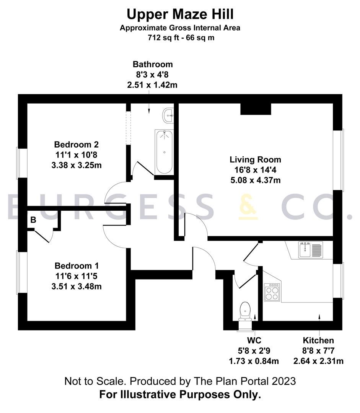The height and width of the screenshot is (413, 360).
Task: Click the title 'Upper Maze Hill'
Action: point(180,15)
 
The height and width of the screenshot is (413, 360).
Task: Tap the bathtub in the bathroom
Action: point(164,152)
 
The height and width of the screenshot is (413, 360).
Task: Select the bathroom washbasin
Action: point(168,115)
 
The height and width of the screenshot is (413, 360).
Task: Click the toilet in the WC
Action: point(244,310)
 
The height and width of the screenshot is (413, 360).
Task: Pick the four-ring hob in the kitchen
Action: point(272,292)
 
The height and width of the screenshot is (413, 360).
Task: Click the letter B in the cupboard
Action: point(33,220)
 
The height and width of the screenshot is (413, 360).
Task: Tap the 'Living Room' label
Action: point(255,159)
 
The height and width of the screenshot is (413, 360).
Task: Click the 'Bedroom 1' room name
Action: point(77,265)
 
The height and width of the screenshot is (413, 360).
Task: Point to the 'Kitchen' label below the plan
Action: point(318,340)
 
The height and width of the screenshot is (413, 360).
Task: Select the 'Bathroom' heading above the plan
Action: point(153,64)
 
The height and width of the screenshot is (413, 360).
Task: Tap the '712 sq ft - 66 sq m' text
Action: point(180,38)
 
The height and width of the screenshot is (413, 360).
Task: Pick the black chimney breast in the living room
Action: point(256,109)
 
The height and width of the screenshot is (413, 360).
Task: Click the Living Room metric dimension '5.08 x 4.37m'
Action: point(255,180)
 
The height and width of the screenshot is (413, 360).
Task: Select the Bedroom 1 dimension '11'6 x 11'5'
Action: point(77,276)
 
